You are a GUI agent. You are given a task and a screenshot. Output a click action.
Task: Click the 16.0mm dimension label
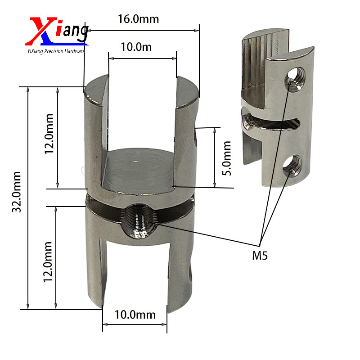pyautogui.click(x=138, y=19)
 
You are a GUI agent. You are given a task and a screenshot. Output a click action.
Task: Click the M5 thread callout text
pyautogui.click(x=260, y=256)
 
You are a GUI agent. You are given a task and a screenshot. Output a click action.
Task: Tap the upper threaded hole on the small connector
pyautogui.click(x=295, y=78)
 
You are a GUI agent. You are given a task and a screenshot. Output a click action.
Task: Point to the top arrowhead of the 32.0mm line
pyautogui.click(x=28, y=89)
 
